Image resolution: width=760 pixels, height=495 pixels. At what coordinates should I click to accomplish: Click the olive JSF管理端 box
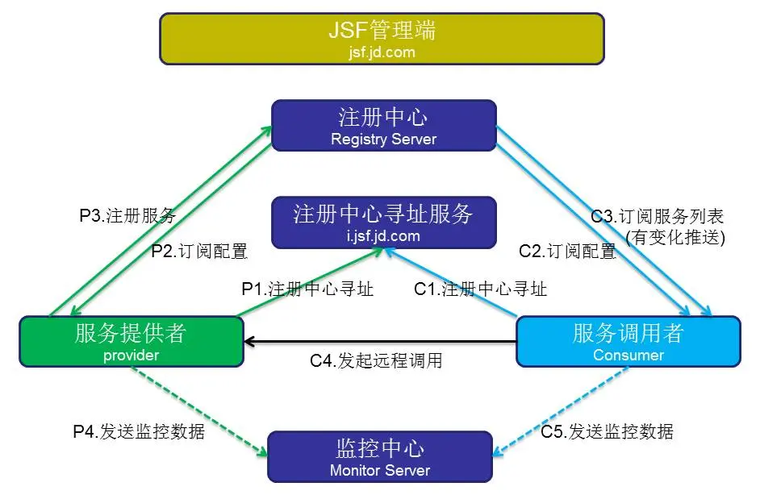382,38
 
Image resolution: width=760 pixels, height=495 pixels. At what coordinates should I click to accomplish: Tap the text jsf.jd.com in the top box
382,53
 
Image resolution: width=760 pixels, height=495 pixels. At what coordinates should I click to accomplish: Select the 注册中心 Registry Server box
383,125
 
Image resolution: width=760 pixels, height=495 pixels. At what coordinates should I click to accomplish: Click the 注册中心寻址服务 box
383,223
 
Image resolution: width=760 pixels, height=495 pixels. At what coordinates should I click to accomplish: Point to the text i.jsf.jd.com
383,236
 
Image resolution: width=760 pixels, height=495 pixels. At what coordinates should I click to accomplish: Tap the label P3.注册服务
127,216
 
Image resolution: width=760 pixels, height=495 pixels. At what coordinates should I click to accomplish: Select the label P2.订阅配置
199,251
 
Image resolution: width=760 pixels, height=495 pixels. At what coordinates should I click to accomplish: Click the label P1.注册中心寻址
307,289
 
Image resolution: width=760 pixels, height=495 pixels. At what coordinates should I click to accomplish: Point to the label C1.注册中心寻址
480,289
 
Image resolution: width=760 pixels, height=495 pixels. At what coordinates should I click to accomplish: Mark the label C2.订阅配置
566,251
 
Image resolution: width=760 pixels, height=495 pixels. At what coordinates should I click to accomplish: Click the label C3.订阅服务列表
657,216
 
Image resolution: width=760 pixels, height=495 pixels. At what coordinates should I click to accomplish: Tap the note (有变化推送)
675,237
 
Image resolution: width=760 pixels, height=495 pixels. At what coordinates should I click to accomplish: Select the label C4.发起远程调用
376,360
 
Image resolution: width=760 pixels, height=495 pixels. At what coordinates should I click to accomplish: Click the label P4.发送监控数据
139,431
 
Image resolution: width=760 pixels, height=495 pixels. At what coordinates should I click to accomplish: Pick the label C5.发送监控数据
607,431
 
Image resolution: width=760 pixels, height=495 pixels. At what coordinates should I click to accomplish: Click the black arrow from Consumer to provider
379,342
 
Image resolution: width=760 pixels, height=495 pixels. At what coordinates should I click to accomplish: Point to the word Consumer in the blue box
628,355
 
